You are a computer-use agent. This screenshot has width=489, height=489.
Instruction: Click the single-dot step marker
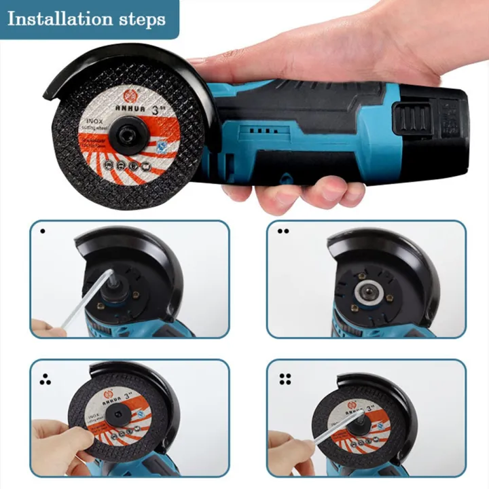click(42, 231)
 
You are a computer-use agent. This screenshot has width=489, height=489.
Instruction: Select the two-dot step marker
click(283, 231)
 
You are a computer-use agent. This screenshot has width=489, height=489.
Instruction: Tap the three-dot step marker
click(45, 380)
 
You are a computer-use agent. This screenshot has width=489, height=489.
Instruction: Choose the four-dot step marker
click(285, 380)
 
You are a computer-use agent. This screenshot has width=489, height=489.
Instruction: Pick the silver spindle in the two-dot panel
click(365, 291)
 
